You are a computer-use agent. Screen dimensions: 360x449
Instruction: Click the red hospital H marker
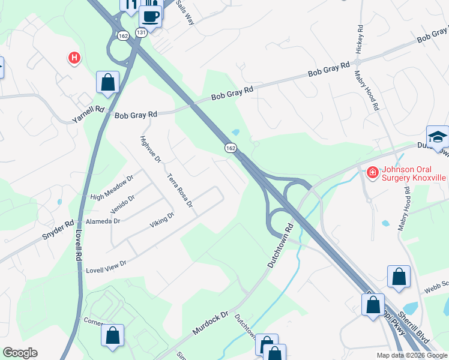tap(74, 58)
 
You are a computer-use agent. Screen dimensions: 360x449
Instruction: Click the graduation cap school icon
tap(438, 137)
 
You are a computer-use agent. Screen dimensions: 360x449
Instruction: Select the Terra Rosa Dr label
tap(179, 191)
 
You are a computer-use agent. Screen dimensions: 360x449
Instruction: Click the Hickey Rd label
tap(360, 40)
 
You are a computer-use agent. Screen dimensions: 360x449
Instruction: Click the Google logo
tap(20, 353)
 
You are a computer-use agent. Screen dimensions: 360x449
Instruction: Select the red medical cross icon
tap(372, 173)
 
